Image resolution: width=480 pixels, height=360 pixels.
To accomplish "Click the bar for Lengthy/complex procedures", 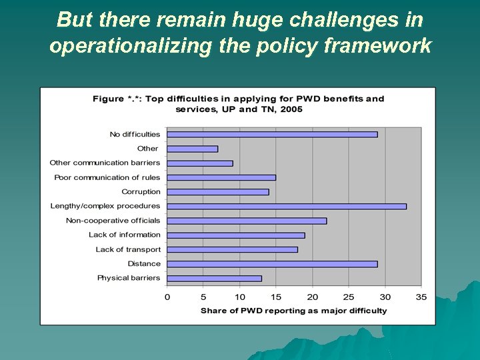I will click(287, 207).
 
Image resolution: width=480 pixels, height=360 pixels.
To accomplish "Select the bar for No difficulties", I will click(272, 135).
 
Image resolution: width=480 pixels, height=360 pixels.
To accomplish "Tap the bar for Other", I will click(193, 149).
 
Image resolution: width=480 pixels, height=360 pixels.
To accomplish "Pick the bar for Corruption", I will click(218, 192).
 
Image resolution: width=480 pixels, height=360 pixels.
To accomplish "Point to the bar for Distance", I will click(272, 264).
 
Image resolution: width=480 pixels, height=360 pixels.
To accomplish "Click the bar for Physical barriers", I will click(214, 278).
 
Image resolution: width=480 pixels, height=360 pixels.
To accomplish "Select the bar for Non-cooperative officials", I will click(247, 221).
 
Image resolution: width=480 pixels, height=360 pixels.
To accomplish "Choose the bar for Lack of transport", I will click(232, 249).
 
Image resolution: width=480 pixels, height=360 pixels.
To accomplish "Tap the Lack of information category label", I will click(125, 235).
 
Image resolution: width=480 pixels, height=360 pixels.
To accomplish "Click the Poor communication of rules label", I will click(107, 177).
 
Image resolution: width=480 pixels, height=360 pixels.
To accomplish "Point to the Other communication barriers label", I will click(105, 163).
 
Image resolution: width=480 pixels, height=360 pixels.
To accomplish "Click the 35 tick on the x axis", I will click(421, 297).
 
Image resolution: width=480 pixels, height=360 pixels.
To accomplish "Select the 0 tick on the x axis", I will click(167, 297).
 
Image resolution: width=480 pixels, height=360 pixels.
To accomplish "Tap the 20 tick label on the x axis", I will click(313, 297).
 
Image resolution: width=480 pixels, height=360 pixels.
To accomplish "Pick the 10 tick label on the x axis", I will click(240, 297).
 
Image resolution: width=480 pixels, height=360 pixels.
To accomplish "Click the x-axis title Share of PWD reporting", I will click(293, 311).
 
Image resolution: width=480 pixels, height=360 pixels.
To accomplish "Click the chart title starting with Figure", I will click(239, 103).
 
